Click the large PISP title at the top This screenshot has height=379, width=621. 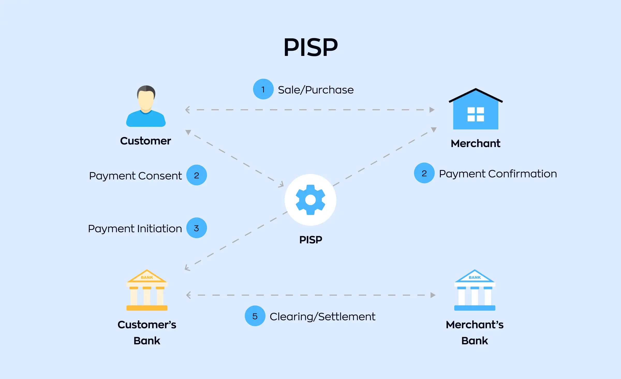[310, 47]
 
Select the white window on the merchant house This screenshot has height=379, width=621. [476, 114]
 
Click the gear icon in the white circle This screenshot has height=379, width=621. [310, 200]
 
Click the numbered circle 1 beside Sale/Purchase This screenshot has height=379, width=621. [263, 89]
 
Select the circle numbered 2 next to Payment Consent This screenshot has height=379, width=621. [196, 175]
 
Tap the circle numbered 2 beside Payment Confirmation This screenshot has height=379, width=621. [424, 173]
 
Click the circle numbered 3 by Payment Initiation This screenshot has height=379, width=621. [196, 228]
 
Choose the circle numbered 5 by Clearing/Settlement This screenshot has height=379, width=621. [255, 316]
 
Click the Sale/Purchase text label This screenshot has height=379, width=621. [316, 90]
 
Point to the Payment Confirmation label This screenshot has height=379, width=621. [498, 174]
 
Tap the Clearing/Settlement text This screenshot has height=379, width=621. [322, 317]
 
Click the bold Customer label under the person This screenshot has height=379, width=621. [145, 141]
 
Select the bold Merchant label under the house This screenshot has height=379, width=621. [476, 143]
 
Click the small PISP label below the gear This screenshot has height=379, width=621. [310, 240]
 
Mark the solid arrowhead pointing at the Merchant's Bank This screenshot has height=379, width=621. [433, 295]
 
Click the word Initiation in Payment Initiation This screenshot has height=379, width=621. [160, 229]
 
